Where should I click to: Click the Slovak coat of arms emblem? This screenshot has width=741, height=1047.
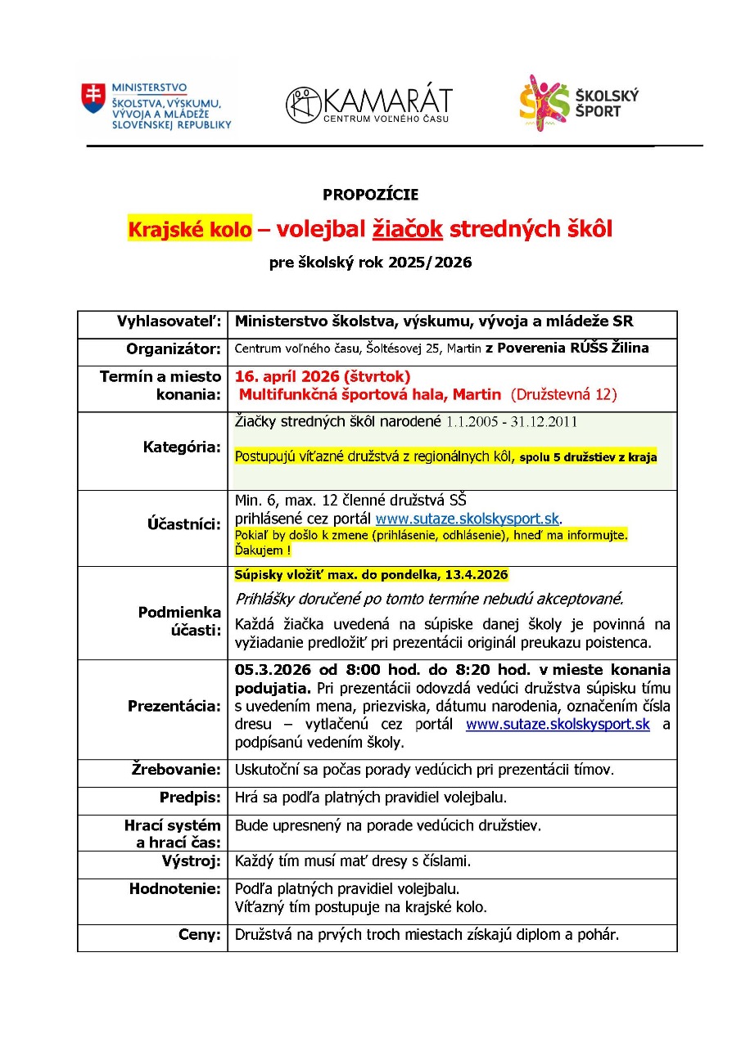pyautogui.click(x=93, y=97)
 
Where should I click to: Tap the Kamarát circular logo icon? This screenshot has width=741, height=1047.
pyautogui.click(x=303, y=105)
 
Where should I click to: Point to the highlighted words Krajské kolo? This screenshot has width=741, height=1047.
pyautogui.click(x=189, y=229)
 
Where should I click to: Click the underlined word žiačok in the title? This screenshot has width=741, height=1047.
pyautogui.click(x=408, y=229)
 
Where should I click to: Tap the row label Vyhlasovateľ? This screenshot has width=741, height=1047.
pyautogui.click(x=169, y=322)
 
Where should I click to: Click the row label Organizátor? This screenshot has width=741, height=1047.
pyautogui.click(x=174, y=349)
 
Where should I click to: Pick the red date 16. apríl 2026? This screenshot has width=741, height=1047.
pyautogui.click(x=287, y=376)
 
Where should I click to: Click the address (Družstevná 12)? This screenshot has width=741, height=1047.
pyautogui.click(x=563, y=394)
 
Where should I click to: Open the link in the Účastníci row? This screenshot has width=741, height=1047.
pyautogui.click(x=467, y=519)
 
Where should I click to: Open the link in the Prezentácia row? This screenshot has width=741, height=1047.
pyautogui.click(x=558, y=725)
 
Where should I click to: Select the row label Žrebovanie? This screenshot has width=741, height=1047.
pyautogui.click(x=176, y=770)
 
